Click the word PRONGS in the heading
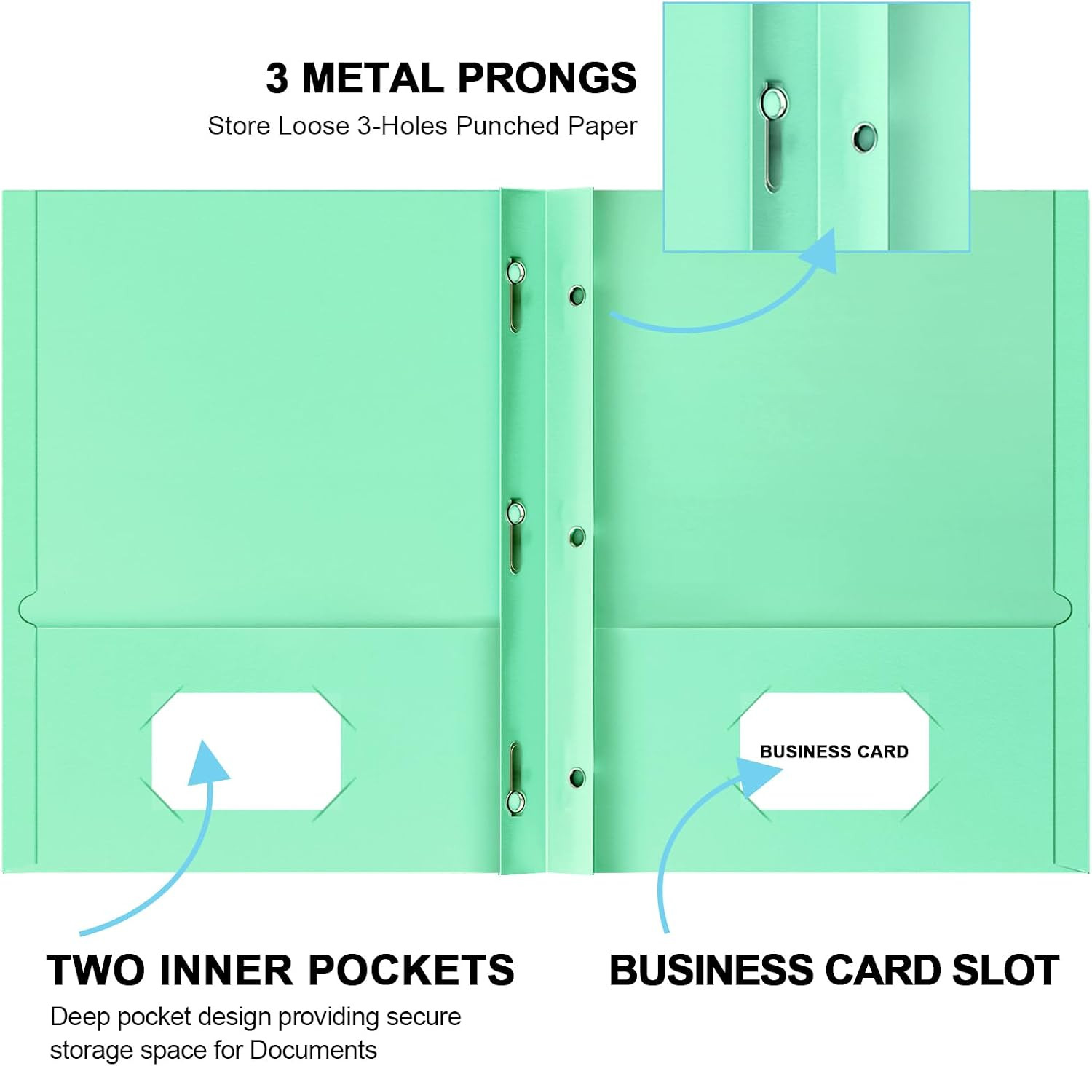coord(547,78)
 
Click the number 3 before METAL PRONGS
coord(277,78)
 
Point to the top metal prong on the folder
coord(515,294)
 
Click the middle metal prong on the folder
coord(515,536)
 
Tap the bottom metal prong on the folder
coord(515,778)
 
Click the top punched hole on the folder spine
coord(577,295)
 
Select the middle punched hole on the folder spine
coord(577,537)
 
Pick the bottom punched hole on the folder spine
coord(577,777)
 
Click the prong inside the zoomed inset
coord(771,138)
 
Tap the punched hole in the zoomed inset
coord(865,137)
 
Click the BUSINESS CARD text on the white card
coord(834,751)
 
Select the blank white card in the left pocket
coord(246,751)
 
